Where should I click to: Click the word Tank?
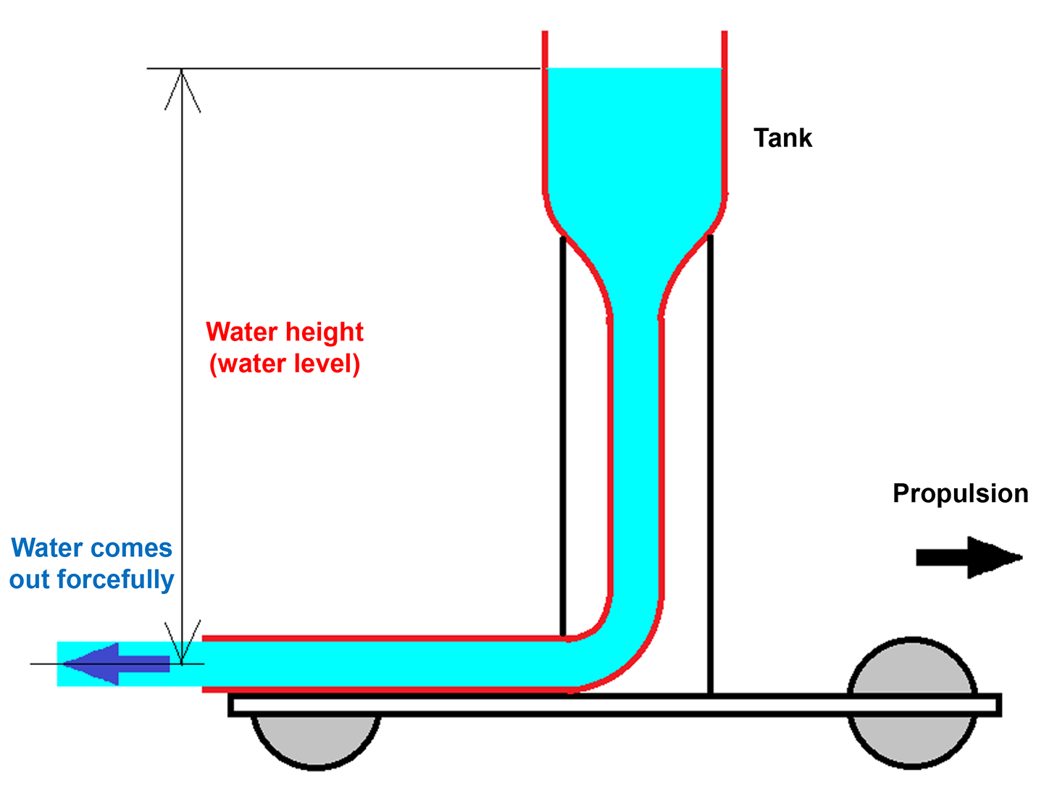(x=782, y=138)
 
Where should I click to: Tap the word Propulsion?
(x=960, y=493)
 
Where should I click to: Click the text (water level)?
(x=285, y=364)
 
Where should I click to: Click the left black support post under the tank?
(x=563, y=435)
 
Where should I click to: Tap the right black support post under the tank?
(x=710, y=464)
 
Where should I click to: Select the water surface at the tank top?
(x=634, y=70)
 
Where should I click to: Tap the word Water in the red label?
(x=241, y=332)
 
